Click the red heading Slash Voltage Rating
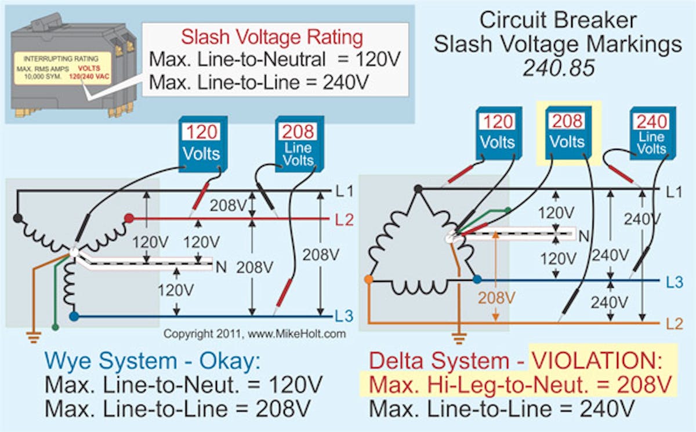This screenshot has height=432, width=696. pyautogui.click(x=272, y=38)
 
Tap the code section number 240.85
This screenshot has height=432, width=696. pyautogui.click(x=559, y=68)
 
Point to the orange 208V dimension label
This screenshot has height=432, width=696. pyautogui.click(x=496, y=298)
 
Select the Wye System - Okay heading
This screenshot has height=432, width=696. pyautogui.click(x=153, y=361)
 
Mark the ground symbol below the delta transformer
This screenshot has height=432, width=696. pyautogui.click(x=459, y=335)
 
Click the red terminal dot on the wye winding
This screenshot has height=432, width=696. pyautogui.click(x=129, y=218)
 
